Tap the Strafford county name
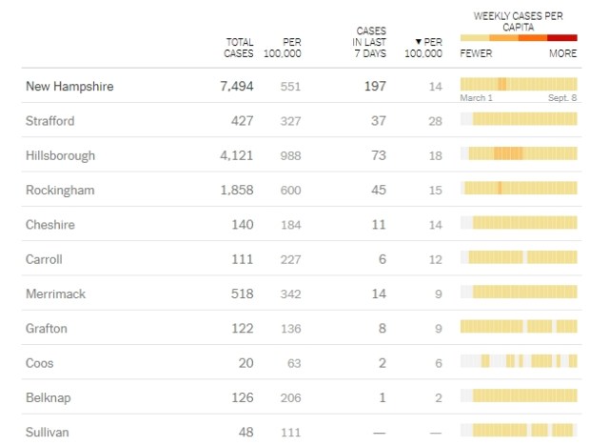pos(49,121)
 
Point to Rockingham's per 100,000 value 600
pos(290,191)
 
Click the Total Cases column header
pos(240,48)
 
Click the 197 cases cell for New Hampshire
pos(374,87)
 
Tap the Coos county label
pos(41,363)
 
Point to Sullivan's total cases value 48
pos(246,432)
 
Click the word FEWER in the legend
pos(476,53)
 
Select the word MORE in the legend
pos(562,53)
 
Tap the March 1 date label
pos(477,98)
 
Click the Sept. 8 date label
pos(562,98)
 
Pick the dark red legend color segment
pos(562,38)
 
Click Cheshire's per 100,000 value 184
pos(290,225)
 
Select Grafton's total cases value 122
pos(241,328)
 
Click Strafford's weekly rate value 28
pos(436,121)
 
